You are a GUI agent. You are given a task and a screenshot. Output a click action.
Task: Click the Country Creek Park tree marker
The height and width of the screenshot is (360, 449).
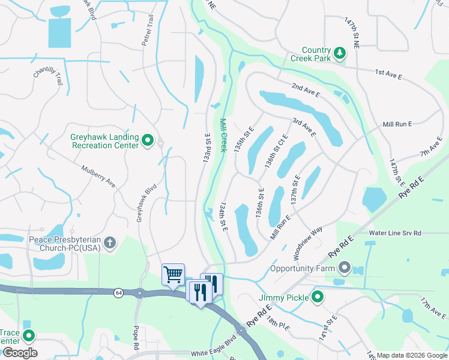point(340,53)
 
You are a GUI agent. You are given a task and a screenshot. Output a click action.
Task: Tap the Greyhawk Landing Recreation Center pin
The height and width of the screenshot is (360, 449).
point(148,142)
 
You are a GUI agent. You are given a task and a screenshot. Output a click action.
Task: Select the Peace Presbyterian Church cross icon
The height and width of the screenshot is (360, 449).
point(109,243)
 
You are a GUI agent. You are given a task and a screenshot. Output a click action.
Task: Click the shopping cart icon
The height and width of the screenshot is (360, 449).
point(173,275)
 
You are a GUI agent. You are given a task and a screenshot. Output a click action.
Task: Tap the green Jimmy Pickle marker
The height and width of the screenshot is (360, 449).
point(318,296)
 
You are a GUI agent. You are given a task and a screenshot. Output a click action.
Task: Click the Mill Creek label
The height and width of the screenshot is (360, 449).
point(223,135)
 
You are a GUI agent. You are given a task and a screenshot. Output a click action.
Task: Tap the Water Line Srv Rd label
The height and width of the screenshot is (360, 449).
point(395,233)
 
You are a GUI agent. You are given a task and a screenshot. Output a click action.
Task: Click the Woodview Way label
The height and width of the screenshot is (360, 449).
point(309,239)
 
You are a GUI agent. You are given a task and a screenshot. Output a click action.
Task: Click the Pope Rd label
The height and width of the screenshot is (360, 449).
point(136,337)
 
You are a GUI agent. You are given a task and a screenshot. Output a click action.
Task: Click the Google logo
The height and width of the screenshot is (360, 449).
point(20,353)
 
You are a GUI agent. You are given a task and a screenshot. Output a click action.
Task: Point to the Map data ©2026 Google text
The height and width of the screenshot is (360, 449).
point(412,355)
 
